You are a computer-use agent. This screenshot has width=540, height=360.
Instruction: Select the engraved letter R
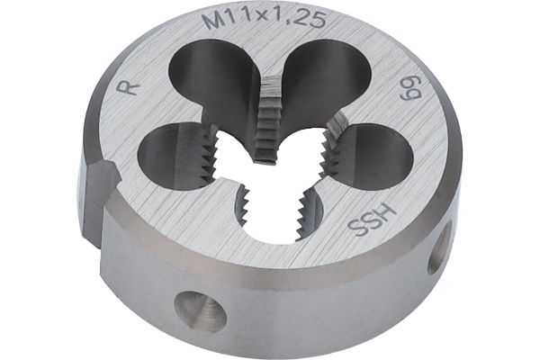click(128, 88)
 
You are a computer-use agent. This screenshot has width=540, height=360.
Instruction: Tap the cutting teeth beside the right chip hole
click(334, 153)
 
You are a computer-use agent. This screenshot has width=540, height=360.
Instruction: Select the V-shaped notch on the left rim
click(101, 193)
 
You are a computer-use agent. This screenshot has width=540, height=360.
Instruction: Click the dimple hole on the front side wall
click(200, 308)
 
